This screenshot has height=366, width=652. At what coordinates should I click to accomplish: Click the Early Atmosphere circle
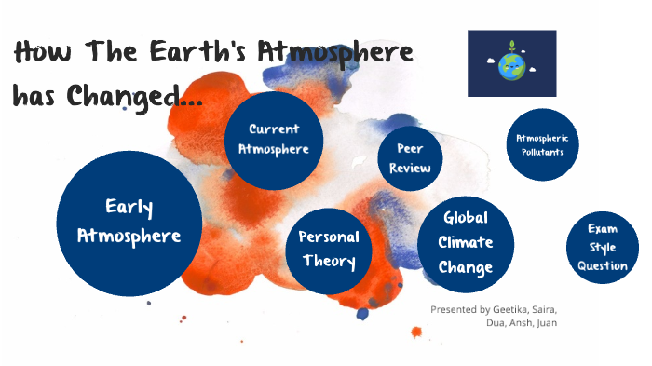[129, 222]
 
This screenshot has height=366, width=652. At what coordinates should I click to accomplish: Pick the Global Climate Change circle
[465, 242]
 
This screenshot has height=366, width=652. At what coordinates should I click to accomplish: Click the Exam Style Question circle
[602, 246]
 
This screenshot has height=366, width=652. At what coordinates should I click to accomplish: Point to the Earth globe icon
[511, 64]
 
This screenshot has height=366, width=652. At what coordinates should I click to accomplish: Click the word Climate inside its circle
[465, 242]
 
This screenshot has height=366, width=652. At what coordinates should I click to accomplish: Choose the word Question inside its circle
[602, 264]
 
